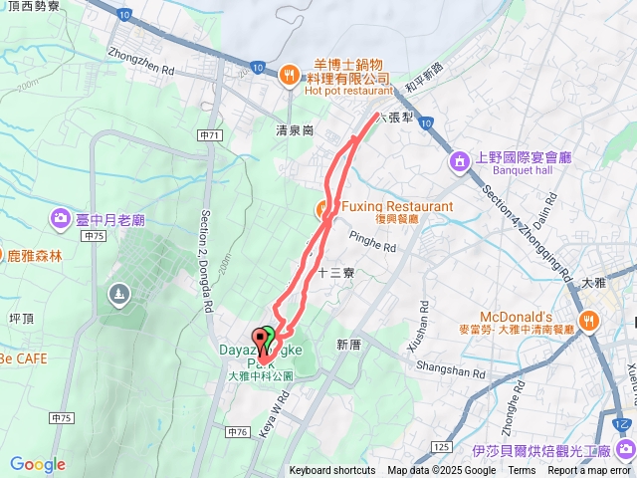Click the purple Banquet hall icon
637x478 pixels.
(x=460, y=160)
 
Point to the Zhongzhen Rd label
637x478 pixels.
(x=141, y=58)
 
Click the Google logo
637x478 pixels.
(x=38, y=464)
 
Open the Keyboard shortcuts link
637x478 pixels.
(x=332, y=471)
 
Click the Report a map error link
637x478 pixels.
(x=591, y=471)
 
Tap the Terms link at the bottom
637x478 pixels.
(x=522, y=471)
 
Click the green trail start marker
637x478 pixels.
(x=269, y=337)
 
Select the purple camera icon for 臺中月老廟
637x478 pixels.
(x=61, y=218)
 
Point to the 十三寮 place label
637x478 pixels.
(x=335, y=271)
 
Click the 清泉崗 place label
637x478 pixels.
(x=295, y=130)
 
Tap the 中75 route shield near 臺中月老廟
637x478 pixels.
(x=95, y=236)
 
